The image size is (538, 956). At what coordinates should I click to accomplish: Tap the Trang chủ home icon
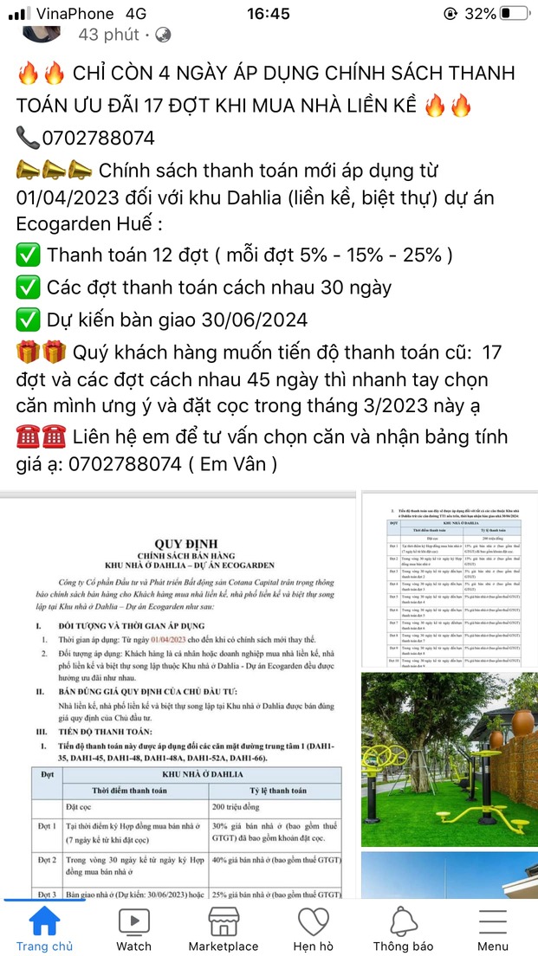(44, 922)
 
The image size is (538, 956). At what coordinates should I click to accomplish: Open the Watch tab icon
(133, 922)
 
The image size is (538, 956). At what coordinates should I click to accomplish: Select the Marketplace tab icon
(223, 922)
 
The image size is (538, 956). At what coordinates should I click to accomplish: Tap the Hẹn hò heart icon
(313, 922)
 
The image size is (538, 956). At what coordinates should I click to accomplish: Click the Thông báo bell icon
(403, 922)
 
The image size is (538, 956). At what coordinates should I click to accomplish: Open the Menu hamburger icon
(493, 922)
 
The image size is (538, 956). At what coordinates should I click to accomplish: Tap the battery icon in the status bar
(515, 14)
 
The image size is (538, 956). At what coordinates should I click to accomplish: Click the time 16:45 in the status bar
(268, 14)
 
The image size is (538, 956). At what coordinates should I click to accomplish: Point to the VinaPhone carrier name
(75, 14)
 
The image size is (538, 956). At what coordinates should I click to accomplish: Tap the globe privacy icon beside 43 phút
(163, 36)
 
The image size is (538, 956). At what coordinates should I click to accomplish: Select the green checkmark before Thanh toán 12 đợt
(28, 255)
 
